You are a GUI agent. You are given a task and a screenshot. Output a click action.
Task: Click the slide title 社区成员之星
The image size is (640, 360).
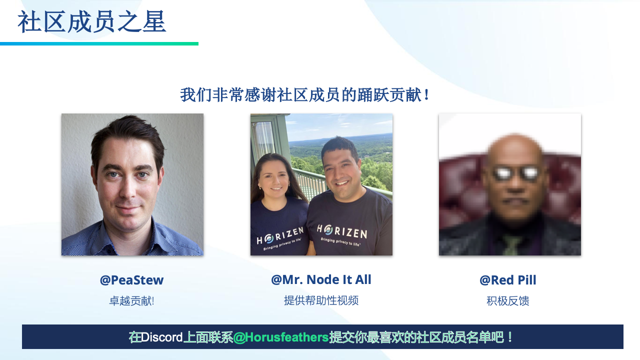tap(91, 21)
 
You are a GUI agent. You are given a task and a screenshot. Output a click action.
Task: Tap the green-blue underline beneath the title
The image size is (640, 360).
tap(99, 43)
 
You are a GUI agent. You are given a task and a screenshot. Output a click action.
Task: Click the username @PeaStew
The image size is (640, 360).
tap(131, 280)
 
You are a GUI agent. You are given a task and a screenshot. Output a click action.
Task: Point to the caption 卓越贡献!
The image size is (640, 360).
tap(131, 301)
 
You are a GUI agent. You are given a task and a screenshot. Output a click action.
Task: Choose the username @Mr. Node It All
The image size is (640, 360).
tap(321, 279)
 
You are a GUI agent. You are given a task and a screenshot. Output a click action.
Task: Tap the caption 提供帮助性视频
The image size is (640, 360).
tap(321, 300)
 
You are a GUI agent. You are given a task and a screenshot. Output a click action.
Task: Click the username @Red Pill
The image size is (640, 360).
tap(508, 280)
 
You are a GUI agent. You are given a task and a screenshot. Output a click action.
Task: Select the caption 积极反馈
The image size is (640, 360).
tap(508, 301)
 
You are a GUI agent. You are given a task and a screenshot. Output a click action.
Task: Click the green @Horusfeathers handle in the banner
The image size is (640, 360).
tap(281, 337)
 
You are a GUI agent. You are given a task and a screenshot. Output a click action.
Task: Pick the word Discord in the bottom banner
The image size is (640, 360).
tap(161, 337)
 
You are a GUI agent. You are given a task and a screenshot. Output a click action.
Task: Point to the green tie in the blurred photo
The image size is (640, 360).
tap(510, 245)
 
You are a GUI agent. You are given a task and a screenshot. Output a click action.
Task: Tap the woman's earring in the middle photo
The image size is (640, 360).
tap(260, 187)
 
